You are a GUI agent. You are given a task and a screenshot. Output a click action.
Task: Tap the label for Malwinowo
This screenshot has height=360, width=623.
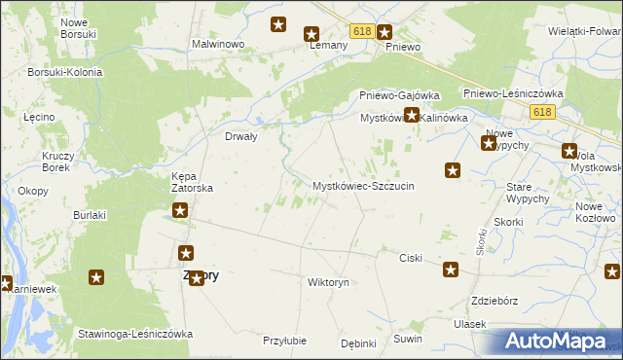coord(217,45)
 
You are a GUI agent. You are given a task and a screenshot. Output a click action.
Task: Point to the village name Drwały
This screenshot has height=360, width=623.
coord(240,137)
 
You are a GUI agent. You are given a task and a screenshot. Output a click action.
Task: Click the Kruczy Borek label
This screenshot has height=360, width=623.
coord(55,161)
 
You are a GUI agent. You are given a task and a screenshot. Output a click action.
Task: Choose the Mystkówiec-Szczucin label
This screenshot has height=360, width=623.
coord(363,185)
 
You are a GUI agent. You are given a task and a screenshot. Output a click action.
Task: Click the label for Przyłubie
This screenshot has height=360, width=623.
coord(285,341)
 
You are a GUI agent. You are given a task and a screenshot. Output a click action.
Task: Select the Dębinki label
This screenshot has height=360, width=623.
coord(358,343)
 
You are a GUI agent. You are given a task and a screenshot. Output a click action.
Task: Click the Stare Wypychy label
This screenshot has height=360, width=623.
coord(529,192)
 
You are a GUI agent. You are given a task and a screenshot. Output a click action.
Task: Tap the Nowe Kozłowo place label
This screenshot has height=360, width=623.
coord(596,212)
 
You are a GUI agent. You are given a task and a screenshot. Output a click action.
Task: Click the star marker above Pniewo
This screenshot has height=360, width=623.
coord(385,31)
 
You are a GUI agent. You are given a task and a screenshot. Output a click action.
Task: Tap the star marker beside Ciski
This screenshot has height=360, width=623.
coord(451,270)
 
